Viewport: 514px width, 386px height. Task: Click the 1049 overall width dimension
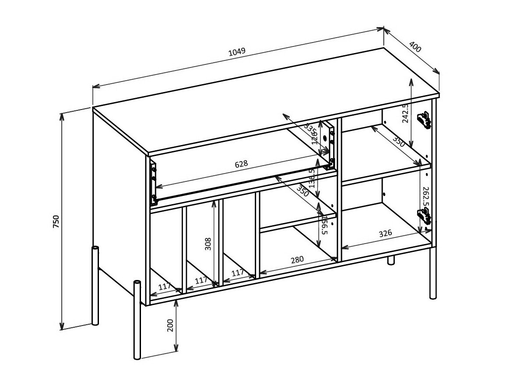click(237, 52)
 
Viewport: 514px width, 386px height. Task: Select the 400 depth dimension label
click(415, 47)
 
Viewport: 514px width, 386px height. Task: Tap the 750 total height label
click(56, 222)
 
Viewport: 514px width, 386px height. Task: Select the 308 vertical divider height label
click(208, 244)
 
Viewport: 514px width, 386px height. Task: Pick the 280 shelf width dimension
click(297, 259)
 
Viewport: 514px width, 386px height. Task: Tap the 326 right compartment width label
click(385, 234)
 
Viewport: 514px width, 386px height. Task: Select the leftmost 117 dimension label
click(165, 287)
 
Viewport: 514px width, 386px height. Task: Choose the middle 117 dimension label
click(201, 280)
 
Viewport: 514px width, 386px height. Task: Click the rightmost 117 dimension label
click(237, 273)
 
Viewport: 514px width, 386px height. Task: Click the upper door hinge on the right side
click(424, 119)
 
